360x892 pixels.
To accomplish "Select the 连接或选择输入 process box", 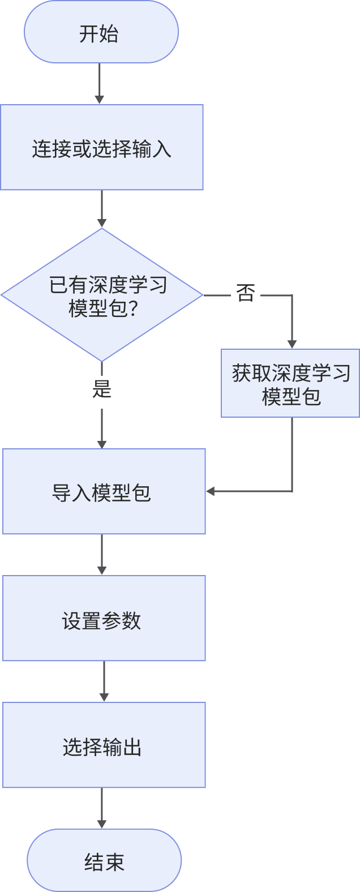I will (x=101, y=148).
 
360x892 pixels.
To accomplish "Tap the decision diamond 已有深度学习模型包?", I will (x=101, y=295).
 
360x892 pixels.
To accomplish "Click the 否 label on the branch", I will (x=246, y=294).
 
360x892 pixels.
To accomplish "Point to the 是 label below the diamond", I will (x=102, y=389).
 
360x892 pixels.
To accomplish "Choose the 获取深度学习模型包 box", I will (x=290, y=384).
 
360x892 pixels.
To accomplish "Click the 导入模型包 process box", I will (x=104, y=491).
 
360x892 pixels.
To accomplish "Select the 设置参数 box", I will (x=104, y=619).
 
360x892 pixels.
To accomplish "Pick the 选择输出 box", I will (x=104, y=745).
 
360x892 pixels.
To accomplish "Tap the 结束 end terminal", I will (x=104, y=861).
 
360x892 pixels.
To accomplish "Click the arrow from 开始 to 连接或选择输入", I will (x=100, y=83).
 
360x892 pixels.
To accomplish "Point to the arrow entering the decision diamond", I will (x=102, y=209).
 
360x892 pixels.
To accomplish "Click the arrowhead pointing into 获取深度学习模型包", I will (x=292, y=344).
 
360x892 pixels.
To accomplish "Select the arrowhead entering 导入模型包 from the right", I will (x=211, y=491).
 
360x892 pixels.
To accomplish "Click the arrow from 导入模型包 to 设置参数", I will (x=102, y=555).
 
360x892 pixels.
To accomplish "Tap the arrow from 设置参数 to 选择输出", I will (x=104, y=681).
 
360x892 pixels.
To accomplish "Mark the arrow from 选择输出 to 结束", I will (x=102, y=808).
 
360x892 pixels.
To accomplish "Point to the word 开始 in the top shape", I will (x=98, y=34).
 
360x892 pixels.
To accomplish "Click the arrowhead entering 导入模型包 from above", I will (x=102, y=444).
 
